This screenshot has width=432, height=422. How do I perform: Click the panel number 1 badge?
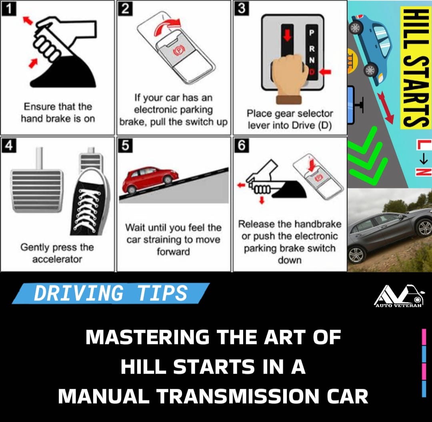tap(9, 9)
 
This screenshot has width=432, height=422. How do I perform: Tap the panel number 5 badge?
tap(125, 145)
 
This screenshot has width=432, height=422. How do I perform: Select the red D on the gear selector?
tap(312, 72)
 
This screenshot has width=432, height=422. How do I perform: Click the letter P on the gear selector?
tap(312, 33)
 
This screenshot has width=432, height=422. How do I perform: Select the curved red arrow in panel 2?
tap(167, 26)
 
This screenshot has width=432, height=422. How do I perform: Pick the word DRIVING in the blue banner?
tap(78, 293)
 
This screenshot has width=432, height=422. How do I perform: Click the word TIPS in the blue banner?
tap(162, 293)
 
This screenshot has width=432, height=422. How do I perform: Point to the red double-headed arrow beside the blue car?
tap(386, 108)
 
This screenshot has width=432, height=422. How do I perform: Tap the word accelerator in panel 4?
tap(57, 259)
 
